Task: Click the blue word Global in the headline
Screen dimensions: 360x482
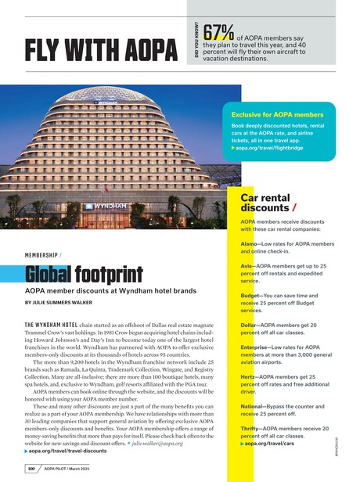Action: (49, 275)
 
